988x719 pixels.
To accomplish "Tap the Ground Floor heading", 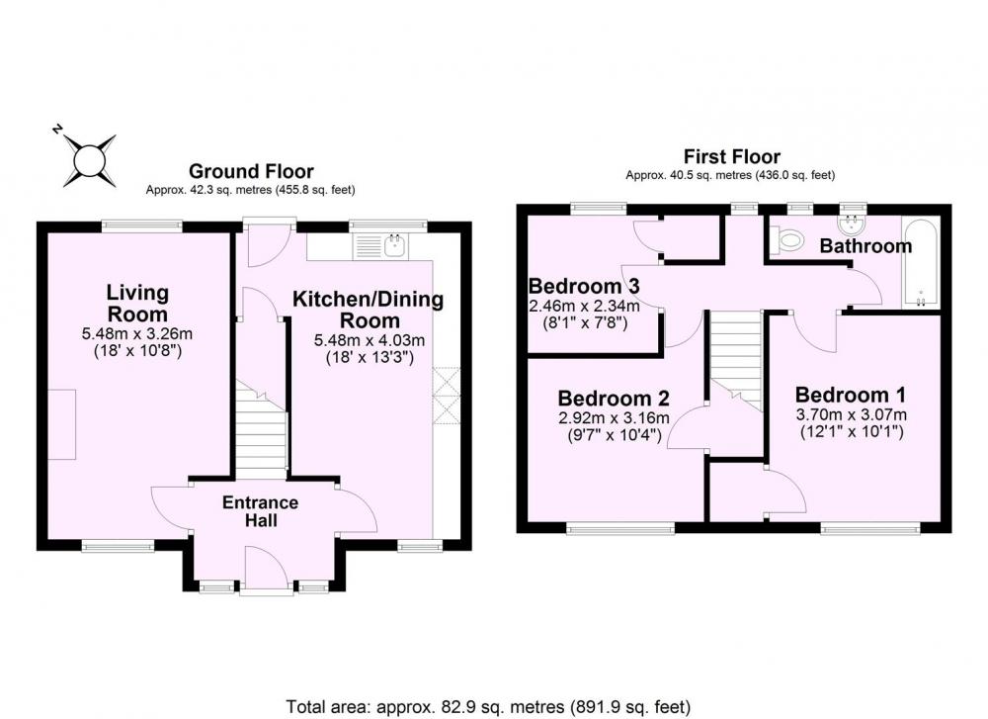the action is pyautogui.click(x=251, y=171).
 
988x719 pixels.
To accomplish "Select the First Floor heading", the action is pyautogui.click(x=731, y=156).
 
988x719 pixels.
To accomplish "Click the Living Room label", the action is pyautogui.click(x=137, y=304).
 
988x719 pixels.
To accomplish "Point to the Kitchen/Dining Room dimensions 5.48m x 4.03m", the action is pyautogui.click(x=370, y=340).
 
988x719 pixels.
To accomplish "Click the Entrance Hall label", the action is pyautogui.click(x=260, y=511).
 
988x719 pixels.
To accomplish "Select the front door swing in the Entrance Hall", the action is pyautogui.click(x=266, y=568).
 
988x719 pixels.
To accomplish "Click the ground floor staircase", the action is pyautogui.click(x=262, y=429).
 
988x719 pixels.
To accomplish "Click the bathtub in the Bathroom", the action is pyautogui.click(x=921, y=264).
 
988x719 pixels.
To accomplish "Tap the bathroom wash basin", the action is pyautogui.click(x=854, y=225).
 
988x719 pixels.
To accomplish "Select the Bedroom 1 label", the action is pyautogui.click(x=850, y=395).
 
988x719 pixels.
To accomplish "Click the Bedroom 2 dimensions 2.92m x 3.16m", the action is pyautogui.click(x=614, y=418).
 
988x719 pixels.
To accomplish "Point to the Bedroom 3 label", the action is pyautogui.click(x=584, y=286).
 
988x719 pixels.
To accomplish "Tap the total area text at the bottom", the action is pyautogui.click(x=488, y=706).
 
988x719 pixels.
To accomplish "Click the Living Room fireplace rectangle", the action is pyautogui.click(x=62, y=424).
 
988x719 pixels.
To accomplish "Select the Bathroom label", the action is pyautogui.click(x=865, y=246).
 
